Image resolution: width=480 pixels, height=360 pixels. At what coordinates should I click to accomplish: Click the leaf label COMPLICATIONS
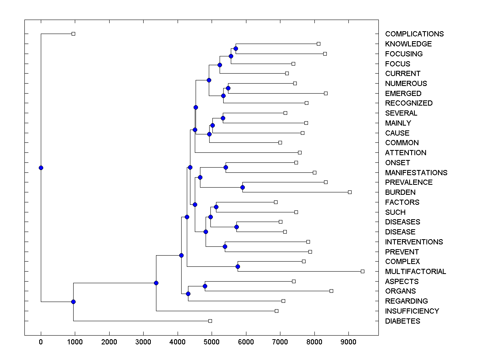click(x=414, y=34)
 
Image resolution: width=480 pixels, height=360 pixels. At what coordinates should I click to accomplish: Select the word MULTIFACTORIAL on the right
click(x=416, y=272)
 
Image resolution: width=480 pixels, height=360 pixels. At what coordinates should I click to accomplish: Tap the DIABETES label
click(x=402, y=321)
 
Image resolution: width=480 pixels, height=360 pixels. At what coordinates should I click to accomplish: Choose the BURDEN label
click(x=400, y=192)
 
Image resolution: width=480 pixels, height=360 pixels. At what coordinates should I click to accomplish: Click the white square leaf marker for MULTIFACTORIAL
click(x=362, y=271)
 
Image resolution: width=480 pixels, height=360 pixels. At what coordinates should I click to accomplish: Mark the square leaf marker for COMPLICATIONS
click(x=73, y=34)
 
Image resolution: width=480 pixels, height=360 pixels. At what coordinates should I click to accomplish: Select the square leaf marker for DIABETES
click(x=210, y=321)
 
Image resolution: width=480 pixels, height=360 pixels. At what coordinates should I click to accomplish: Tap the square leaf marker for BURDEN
click(x=350, y=192)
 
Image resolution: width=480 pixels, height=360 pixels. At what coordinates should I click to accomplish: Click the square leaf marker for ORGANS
click(x=331, y=291)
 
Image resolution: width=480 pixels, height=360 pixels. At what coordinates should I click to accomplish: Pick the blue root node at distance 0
click(x=41, y=168)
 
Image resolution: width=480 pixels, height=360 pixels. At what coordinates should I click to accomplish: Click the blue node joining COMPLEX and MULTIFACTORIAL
click(x=238, y=266)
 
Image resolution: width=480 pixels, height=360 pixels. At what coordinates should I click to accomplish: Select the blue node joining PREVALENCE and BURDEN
click(x=242, y=187)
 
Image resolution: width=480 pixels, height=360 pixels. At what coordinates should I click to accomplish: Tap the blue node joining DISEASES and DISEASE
click(x=236, y=227)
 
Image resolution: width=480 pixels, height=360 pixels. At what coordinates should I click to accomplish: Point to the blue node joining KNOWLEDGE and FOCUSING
click(x=236, y=48)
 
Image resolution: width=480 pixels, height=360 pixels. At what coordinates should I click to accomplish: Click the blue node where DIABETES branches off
click(x=73, y=302)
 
